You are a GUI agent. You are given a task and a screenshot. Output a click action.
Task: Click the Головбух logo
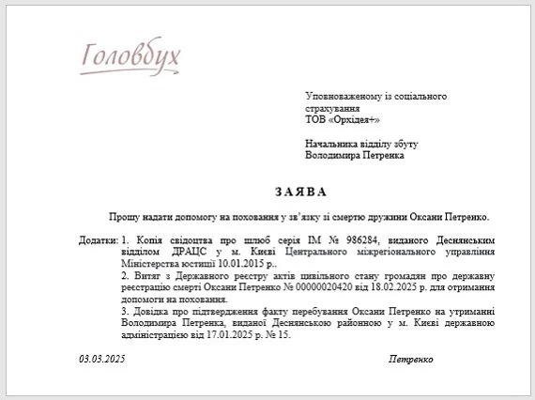point(130,59)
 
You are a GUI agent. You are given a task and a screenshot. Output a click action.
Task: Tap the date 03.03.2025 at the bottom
point(102,359)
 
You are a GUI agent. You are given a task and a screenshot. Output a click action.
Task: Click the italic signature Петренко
point(410,359)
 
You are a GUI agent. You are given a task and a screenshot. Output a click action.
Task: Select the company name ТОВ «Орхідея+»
point(343,120)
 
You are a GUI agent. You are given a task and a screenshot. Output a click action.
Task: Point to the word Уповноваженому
point(344,97)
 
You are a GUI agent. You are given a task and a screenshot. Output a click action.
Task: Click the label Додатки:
point(99,240)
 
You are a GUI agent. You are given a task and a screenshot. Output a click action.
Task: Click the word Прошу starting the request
point(122,217)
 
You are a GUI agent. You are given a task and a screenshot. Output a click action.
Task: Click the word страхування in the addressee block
point(333,109)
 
